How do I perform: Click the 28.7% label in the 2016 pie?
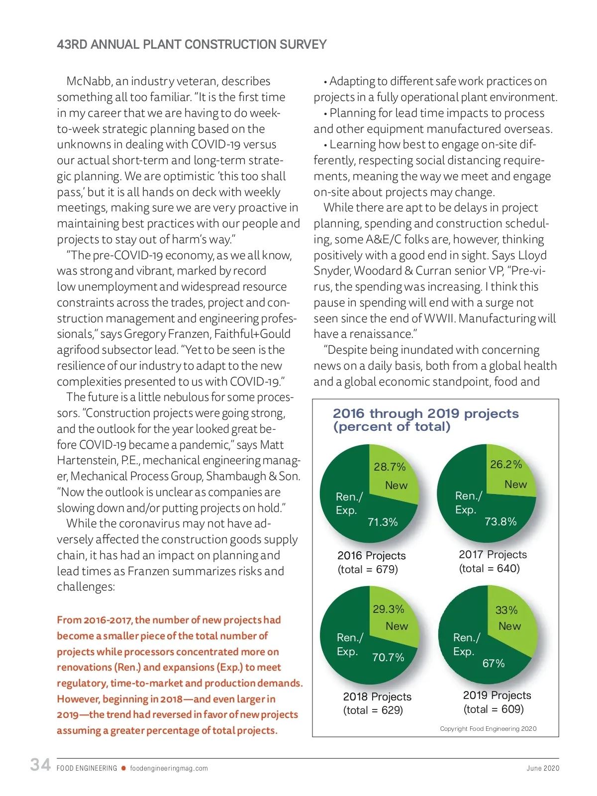[390, 467]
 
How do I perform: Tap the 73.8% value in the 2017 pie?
[500, 521]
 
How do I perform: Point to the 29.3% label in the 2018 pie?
[388, 609]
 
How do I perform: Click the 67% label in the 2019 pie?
[494, 663]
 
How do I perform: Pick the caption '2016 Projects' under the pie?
[371, 555]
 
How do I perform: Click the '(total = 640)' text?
[489, 568]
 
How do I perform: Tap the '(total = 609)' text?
[494, 709]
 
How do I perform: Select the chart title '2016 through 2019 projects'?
[425, 413]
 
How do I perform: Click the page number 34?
[40, 765]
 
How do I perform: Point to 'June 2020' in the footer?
[543, 768]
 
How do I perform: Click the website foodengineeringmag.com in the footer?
[169, 768]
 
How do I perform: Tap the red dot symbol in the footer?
[123, 768]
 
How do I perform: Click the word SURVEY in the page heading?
[302, 45]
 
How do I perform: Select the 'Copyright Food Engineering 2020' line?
[488, 728]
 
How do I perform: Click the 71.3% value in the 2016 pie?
[383, 522]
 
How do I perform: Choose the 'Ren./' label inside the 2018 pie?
[350, 637]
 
